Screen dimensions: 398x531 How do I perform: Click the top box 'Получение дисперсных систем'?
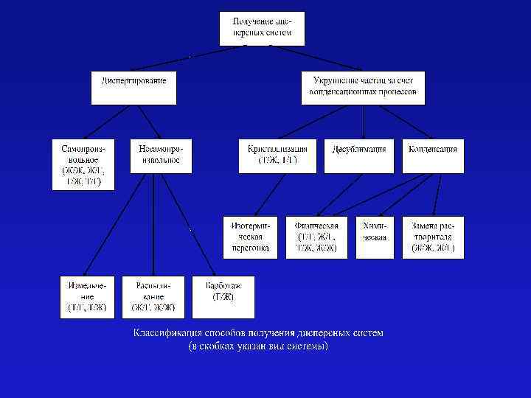pyautogui.click(x=262, y=28)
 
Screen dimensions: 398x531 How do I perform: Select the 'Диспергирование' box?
pyautogui.click(x=134, y=87)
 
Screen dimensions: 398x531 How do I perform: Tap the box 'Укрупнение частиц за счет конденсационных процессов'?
pyautogui.click(x=364, y=87)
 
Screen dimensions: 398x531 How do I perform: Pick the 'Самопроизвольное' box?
pyautogui.click(x=83, y=164)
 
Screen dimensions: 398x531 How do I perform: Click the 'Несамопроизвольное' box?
pyautogui.click(x=160, y=156)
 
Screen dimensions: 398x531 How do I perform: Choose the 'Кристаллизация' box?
pyautogui.click(x=278, y=156)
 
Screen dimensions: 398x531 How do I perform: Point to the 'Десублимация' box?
pyautogui.click(x=359, y=156)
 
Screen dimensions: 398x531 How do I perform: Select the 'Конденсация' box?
pyautogui.click(x=433, y=156)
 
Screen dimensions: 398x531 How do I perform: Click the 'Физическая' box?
pyautogui.click(x=316, y=237)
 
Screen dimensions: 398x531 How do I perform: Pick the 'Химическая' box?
pyautogui.click(x=375, y=237)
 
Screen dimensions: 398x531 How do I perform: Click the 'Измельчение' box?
pyautogui.click(x=88, y=296)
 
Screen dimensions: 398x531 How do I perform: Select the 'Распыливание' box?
pyautogui.click(x=153, y=296)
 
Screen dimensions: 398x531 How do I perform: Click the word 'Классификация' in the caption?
pyautogui.click(x=166, y=333)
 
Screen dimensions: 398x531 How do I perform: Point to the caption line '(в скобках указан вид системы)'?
pyautogui.click(x=258, y=345)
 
